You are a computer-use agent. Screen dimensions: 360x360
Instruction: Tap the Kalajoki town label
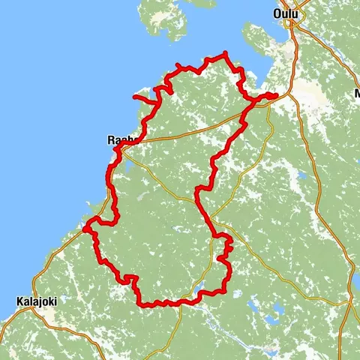click(37, 301)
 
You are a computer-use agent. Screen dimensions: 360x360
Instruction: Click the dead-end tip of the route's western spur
click(134, 97)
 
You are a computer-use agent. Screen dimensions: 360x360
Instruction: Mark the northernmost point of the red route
click(224, 53)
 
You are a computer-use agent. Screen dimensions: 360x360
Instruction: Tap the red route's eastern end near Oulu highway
click(275, 94)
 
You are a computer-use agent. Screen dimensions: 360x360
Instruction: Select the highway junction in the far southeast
click(351, 302)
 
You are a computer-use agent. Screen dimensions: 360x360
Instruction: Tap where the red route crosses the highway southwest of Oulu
click(243, 117)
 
